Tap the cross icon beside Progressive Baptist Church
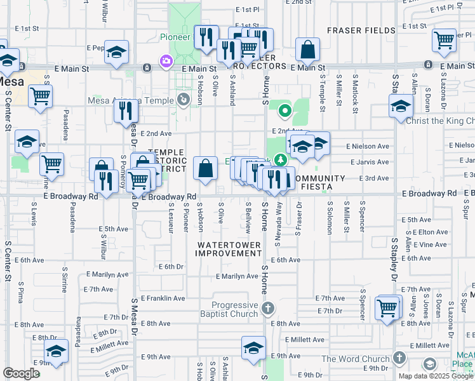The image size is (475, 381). click(268, 309)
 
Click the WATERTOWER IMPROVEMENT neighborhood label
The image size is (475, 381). click(228, 248)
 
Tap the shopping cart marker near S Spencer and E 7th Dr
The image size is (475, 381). click(387, 308)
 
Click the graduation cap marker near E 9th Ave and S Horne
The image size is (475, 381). click(253, 349)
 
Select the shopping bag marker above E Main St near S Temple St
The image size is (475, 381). click(307, 50)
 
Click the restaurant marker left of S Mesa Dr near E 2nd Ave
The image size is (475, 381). click(126, 111)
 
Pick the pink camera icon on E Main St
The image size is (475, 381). click(166, 61)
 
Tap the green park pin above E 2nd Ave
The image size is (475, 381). click(285, 112)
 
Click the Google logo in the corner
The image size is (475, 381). click(22, 373)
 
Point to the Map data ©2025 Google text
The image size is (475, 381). click(436, 376)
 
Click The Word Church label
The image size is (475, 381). click(355, 359)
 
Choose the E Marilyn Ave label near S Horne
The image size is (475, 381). click(236, 276)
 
